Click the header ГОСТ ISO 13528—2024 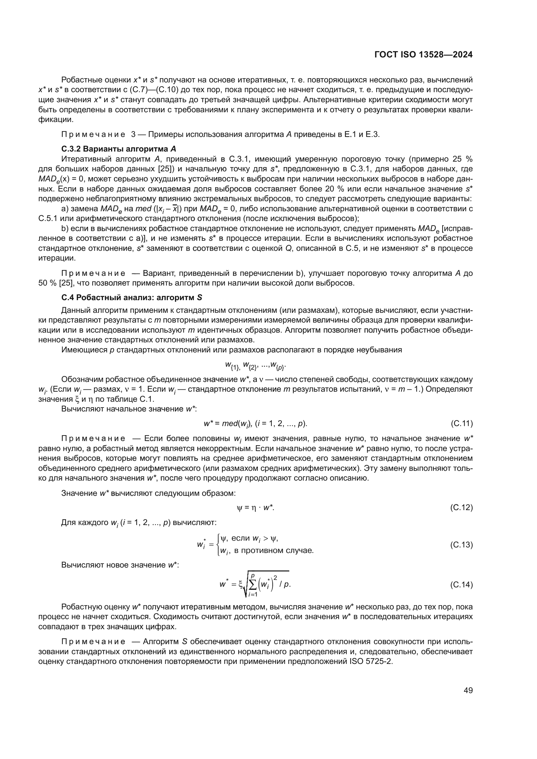pos(423,55)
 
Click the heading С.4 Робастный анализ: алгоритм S pos(131,298)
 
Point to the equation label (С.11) pos(461,423)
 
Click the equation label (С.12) pos(461,508)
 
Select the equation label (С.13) pos(461,545)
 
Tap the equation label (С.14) pos(461,585)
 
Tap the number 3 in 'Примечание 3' pos(133,135)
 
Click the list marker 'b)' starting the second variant pos(65,228)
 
